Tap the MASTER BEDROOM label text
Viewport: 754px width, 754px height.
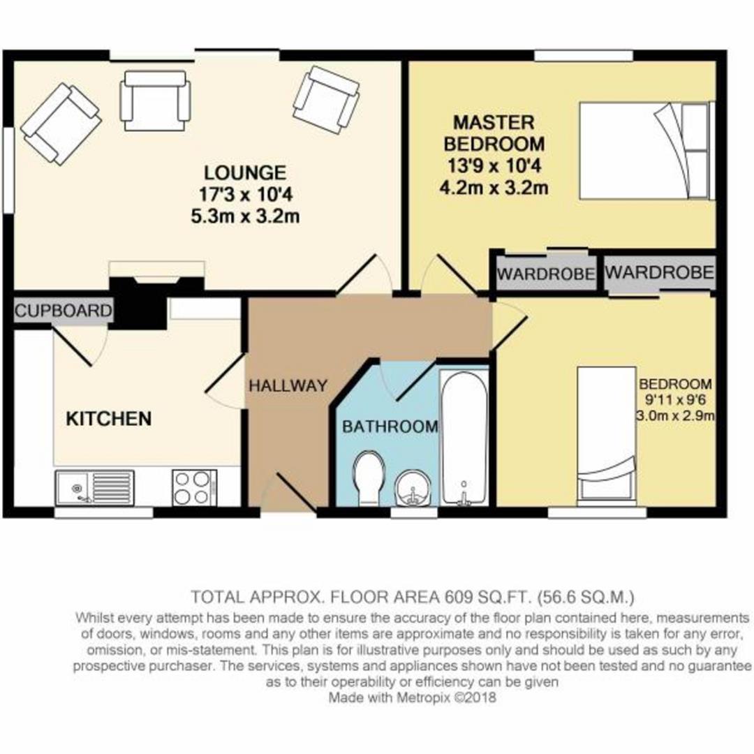pos(499,134)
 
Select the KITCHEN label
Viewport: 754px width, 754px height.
pos(108,419)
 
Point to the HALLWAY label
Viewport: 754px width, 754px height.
pos(288,385)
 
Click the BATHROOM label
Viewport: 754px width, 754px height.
pos(390,426)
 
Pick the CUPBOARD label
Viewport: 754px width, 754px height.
pos(64,311)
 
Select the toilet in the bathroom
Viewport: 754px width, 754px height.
pos(367,478)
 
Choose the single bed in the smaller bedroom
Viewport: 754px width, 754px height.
pos(606,433)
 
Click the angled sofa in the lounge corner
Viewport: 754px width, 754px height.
pos(61,124)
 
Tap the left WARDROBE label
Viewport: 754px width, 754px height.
pos(547,273)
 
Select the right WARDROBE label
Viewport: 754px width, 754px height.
pos(660,272)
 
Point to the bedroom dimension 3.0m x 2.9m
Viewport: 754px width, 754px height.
pos(674,417)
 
